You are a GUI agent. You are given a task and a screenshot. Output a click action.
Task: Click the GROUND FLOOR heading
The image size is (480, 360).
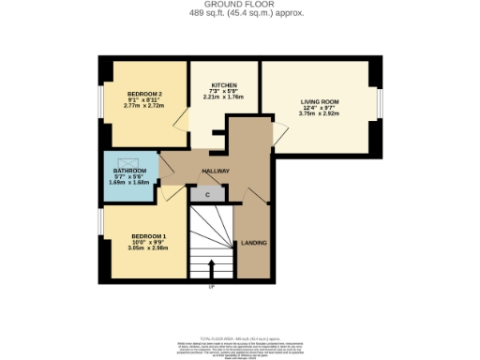[x=239, y=5]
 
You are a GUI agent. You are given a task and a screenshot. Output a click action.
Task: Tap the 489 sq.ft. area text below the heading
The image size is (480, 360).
[x=239, y=13]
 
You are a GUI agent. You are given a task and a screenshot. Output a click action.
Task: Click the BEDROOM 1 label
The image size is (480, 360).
[x=149, y=235]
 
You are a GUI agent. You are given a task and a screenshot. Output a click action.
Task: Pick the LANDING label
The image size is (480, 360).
[x=254, y=243]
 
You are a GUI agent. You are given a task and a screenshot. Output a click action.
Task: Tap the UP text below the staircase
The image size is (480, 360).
[x=212, y=286]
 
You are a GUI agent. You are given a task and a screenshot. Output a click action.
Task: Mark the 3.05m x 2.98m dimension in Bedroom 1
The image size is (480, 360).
[x=149, y=247]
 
